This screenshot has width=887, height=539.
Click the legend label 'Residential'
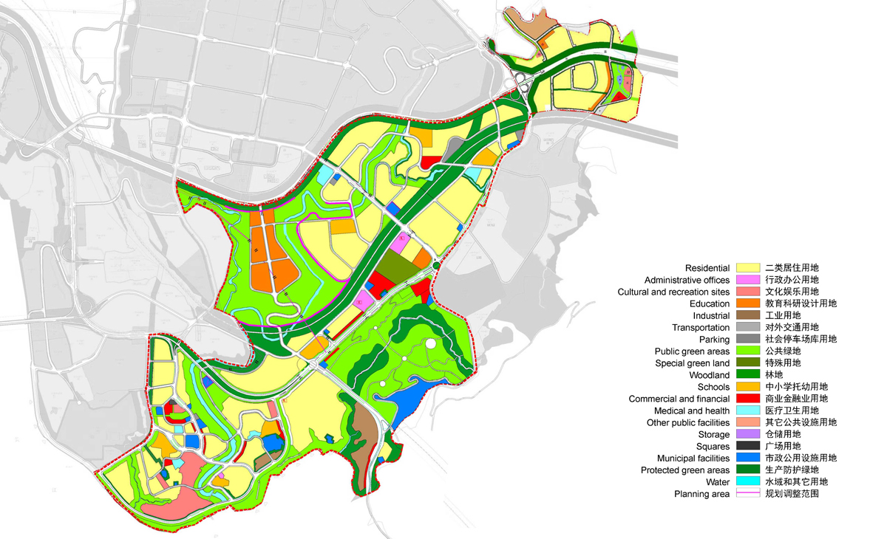pyautogui.click(x=707, y=268)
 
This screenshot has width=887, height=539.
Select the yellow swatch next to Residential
pyautogui.click(x=748, y=268)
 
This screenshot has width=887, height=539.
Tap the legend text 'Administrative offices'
pyautogui.click(x=687, y=280)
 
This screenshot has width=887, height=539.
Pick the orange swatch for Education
pyautogui.click(x=748, y=303)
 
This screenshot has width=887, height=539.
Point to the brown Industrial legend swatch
pyautogui.click(x=748, y=315)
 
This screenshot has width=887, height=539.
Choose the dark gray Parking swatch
pyautogui.click(x=748, y=339)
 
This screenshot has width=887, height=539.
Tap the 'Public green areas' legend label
pyautogui.click(x=692, y=351)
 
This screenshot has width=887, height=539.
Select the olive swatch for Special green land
pyautogui.click(x=748, y=363)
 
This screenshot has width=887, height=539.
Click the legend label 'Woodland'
pyautogui.click(x=709, y=375)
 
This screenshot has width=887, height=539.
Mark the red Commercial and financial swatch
pyautogui.click(x=748, y=399)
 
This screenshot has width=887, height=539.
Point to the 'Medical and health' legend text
pyautogui.click(x=692, y=411)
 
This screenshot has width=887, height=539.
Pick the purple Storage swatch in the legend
pyautogui.click(x=748, y=434)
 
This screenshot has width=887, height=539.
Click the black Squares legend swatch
pyautogui.click(x=748, y=446)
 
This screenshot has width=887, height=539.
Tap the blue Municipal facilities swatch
pyautogui.click(x=748, y=458)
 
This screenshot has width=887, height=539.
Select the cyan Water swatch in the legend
pyautogui.click(x=748, y=481)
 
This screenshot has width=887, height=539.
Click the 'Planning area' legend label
pyautogui.click(x=701, y=494)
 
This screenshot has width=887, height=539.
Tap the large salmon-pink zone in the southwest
pyautogui.click(x=177, y=487)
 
